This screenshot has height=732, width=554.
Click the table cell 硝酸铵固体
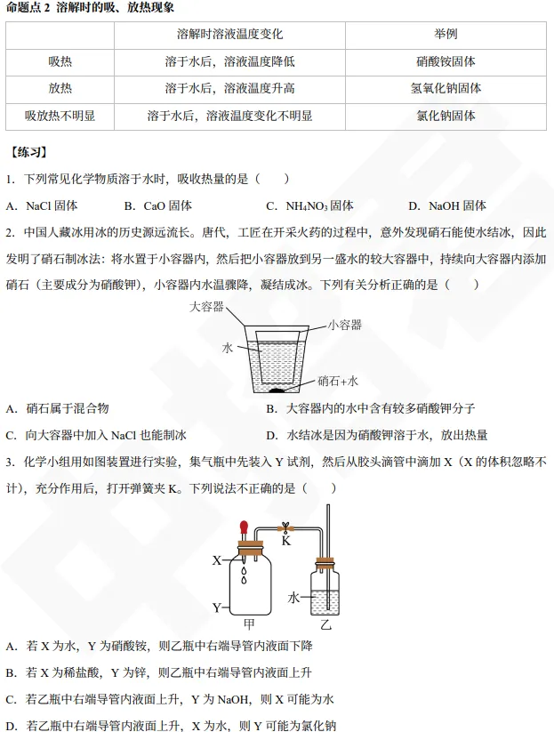click(x=446, y=62)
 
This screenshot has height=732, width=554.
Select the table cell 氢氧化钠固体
click(x=446, y=89)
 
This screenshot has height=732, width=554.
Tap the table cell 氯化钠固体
click(x=446, y=116)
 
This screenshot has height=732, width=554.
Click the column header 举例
click(x=446, y=35)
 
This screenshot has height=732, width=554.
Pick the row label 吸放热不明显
click(x=60, y=116)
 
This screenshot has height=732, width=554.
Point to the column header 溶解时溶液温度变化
click(x=229, y=35)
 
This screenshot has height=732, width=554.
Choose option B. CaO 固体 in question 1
click(x=158, y=205)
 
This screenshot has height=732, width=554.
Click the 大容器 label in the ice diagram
click(x=205, y=307)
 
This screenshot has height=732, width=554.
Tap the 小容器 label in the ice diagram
click(x=344, y=325)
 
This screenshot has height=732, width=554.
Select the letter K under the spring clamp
click(x=286, y=540)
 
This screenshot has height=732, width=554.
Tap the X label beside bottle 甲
click(x=217, y=561)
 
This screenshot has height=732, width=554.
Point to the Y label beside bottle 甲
click(x=217, y=607)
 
